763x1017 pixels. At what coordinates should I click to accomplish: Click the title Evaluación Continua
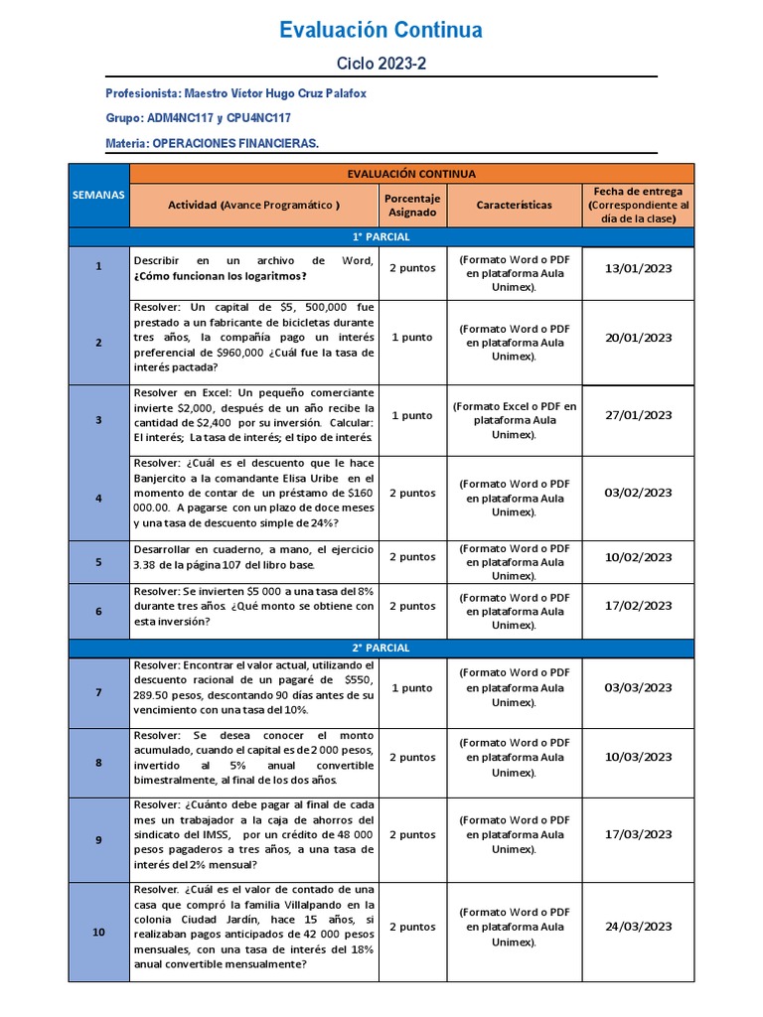coord(381,31)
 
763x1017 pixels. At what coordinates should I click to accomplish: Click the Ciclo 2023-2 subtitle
coord(381,64)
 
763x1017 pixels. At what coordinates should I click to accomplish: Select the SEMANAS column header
coord(98,195)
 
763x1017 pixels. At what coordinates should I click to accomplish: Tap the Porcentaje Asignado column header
coord(411,205)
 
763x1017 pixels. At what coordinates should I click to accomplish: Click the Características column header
coord(514,205)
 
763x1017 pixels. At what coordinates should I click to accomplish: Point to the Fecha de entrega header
coord(638,204)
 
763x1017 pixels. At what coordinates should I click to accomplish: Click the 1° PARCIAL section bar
coord(381,237)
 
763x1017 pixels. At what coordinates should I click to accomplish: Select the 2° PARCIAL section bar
coord(381,648)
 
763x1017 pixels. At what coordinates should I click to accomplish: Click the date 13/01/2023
coord(638,267)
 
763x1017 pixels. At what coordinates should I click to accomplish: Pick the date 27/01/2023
coord(638,415)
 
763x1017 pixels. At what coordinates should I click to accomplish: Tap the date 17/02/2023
coord(638,605)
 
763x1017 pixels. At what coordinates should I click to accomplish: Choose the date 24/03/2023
coord(638,926)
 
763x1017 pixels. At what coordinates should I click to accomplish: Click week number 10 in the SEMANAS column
coord(98,932)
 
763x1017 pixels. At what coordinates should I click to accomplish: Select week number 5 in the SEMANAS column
coord(98,561)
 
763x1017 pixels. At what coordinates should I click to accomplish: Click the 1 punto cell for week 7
coord(411,687)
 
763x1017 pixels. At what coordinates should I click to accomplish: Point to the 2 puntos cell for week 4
coord(411,493)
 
